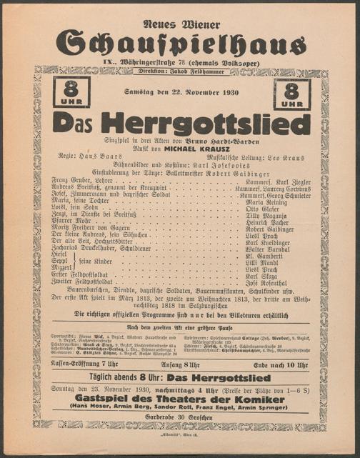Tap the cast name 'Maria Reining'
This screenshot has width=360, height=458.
tap(266, 202)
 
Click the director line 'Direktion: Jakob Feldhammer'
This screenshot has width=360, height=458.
tap(181, 73)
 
